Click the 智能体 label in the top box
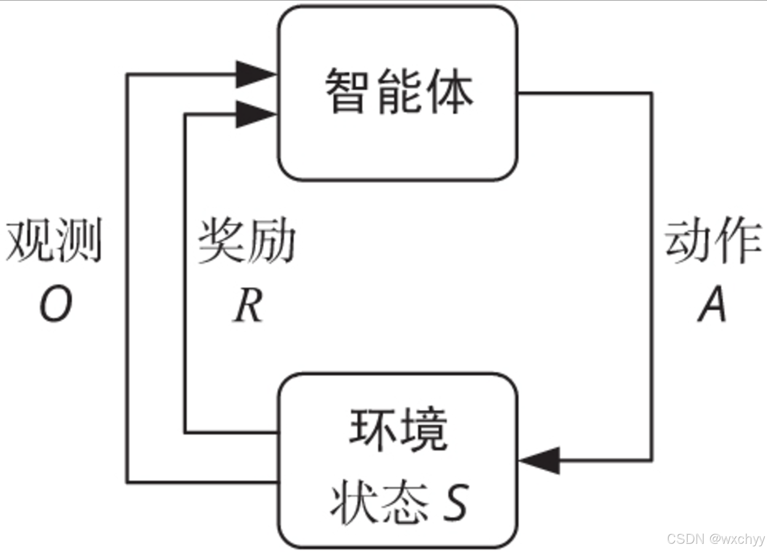point(399,92)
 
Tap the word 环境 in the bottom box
point(398,430)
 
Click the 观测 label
point(54,240)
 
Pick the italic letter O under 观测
point(55,304)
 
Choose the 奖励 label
point(247,240)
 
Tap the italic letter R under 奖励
point(248,305)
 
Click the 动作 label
point(713,240)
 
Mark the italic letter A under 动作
point(712,304)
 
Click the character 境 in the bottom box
point(424,430)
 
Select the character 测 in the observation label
point(79,240)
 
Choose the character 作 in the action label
point(738,240)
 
